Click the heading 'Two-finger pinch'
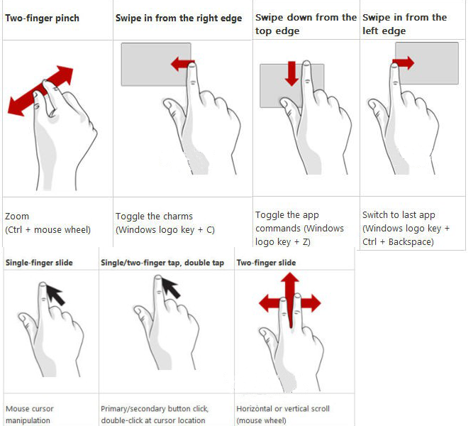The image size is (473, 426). click(43, 18)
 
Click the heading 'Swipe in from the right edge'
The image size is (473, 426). click(179, 18)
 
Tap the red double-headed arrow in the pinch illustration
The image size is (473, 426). click(40, 91)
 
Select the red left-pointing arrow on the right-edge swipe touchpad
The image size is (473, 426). click(183, 64)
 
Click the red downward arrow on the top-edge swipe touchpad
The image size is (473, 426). click(291, 74)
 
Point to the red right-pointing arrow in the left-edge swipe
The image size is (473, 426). click(404, 63)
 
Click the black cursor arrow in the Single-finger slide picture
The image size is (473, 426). click(55, 294)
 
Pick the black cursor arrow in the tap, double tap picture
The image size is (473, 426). click(171, 288)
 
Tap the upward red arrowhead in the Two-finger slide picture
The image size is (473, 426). click(290, 278)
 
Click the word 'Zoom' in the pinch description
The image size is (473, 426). click(17, 217)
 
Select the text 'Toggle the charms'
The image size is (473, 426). click(154, 217)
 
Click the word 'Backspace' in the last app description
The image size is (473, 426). click(411, 242)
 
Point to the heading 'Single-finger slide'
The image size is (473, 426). click(39, 263)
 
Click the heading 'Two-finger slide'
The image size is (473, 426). click(266, 263)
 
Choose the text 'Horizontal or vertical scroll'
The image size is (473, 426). click(283, 409)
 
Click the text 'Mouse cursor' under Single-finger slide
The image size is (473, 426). click(30, 409)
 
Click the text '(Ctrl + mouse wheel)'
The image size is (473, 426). click(48, 230)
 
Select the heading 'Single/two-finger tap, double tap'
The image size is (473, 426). click(162, 263)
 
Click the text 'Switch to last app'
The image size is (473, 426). click(399, 215)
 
